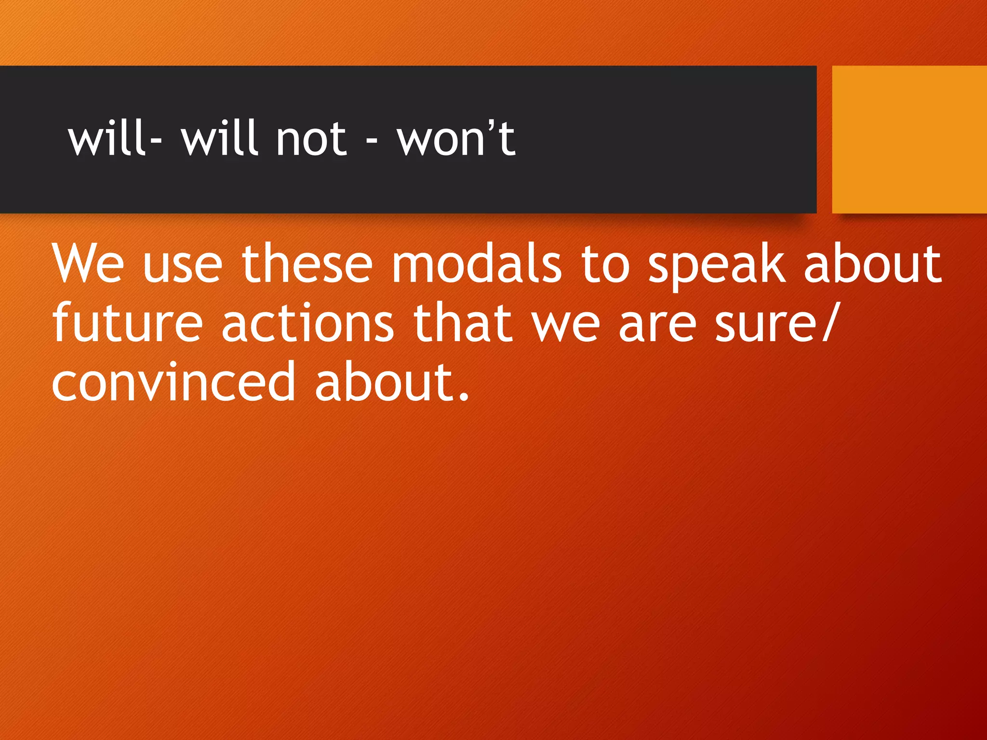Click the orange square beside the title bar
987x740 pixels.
(909, 139)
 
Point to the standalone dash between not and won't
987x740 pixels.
(371, 142)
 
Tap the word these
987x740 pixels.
(307, 264)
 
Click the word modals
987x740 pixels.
(477, 264)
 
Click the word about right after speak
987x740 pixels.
(872, 264)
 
